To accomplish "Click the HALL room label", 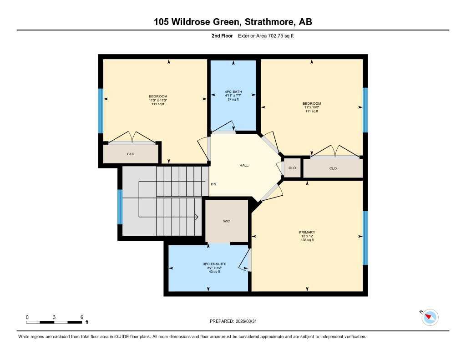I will [244, 166].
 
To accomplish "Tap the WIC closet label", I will [227, 221].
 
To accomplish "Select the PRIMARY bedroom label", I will [307, 233].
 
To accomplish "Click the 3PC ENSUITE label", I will [215, 264].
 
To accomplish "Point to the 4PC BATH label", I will [233, 92].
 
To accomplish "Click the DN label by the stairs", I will [213, 184].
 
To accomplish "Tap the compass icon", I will [430, 317].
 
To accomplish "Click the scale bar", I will [55, 322].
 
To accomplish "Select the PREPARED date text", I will [236, 321].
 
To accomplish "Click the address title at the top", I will [233, 22].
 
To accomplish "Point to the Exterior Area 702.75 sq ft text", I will [266, 35].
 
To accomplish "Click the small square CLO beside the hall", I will [292, 168].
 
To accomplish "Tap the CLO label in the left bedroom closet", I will [131, 154].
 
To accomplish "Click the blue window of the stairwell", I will [120, 207].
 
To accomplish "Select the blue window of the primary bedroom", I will [365, 238].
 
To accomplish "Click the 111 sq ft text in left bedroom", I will [158, 104].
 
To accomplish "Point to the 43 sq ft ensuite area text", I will [215, 272].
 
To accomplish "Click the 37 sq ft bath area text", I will [233, 99].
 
